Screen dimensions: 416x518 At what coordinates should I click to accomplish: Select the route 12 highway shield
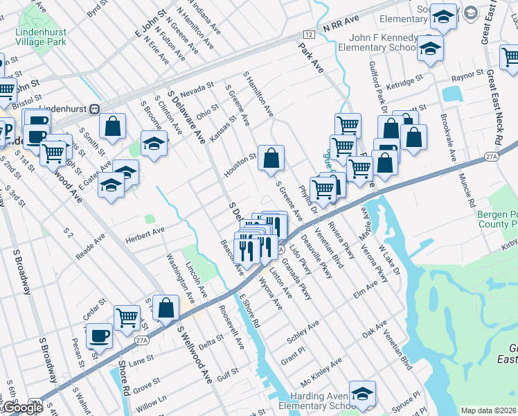coord(307,34)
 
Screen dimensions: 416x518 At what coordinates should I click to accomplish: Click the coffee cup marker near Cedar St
coord(99,336)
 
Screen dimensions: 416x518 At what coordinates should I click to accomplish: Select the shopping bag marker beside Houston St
coord(271,157)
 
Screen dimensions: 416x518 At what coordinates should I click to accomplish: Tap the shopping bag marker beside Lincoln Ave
coord(166,307)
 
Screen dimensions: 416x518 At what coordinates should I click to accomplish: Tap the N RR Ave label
coord(341,27)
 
